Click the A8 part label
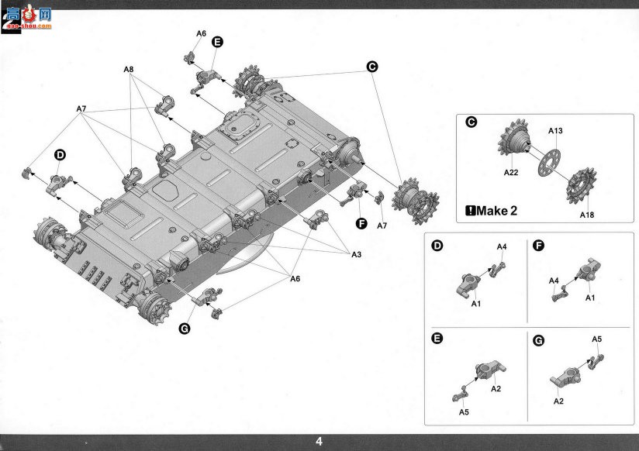coord(129,69)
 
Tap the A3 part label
coord(356,255)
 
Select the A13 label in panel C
coord(555,131)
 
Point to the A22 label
coord(510,172)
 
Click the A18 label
coord(587,215)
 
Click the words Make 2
coord(497,211)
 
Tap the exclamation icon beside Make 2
coord(470,211)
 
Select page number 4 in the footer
coord(319,441)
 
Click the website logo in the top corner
coord(27,18)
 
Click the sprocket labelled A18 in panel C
coord(581,185)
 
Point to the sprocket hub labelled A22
coord(514,138)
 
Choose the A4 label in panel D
coord(501,247)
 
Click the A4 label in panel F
coord(554,281)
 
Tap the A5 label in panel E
coord(464,412)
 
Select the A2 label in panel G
coord(558,401)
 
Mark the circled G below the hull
coord(185,329)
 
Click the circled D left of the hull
coord(60,155)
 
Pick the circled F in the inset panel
coord(539,246)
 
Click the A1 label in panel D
coord(476,304)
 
